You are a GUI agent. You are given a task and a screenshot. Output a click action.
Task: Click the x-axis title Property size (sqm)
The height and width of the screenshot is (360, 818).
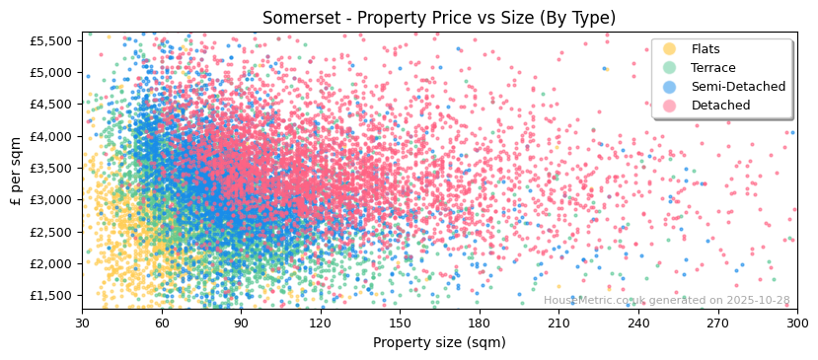click(439, 343)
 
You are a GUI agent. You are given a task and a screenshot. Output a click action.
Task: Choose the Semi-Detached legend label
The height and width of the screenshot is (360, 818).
click(738, 87)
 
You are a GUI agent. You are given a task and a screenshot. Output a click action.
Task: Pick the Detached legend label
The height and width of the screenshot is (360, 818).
click(721, 106)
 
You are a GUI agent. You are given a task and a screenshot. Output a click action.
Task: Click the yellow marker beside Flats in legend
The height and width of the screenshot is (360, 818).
click(670, 49)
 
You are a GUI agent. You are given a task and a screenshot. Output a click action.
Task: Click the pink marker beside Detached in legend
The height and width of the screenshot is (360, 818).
click(670, 106)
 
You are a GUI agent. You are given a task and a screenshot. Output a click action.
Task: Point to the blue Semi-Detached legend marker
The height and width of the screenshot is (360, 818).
click(670, 87)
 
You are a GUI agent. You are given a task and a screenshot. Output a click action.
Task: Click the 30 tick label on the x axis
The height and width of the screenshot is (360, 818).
click(82, 323)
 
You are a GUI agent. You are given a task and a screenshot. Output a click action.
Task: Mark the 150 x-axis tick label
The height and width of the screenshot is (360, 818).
click(400, 323)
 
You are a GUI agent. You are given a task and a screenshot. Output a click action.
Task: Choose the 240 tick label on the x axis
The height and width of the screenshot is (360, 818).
click(637, 323)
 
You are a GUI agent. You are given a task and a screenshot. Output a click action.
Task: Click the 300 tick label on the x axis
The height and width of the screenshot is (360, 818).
click(796, 323)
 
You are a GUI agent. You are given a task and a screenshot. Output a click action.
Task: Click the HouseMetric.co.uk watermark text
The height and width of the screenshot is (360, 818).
click(667, 301)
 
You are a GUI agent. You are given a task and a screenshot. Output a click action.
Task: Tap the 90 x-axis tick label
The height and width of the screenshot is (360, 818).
click(241, 323)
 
